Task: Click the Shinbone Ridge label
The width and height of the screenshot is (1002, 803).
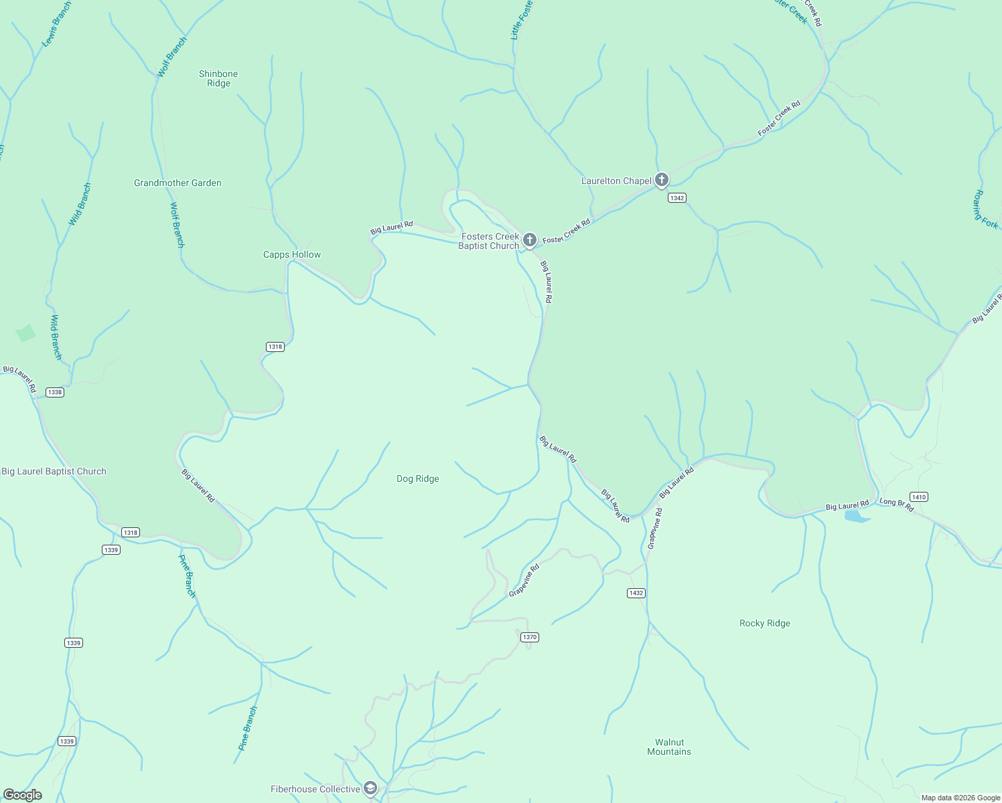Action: pyautogui.click(x=218, y=78)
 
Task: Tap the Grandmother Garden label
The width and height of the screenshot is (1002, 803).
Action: pyautogui.click(x=177, y=183)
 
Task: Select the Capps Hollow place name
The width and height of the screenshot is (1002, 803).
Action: pyautogui.click(x=292, y=254)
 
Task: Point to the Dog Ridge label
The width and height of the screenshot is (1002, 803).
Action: pyautogui.click(x=418, y=478)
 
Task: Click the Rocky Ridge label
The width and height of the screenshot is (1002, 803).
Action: pyautogui.click(x=765, y=623)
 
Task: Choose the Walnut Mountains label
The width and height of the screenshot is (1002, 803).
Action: pyautogui.click(x=669, y=747)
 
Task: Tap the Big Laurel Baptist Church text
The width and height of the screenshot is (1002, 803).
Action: pyautogui.click(x=54, y=471)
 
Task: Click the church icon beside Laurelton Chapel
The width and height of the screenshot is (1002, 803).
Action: pyautogui.click(x=662, y=179)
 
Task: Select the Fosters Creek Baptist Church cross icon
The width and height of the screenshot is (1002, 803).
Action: pyautogui.click(x=529, y=240)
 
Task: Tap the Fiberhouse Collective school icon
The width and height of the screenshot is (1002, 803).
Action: pyautogui.click(x=370, y=788)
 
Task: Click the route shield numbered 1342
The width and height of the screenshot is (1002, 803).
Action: pyautogui.click(x=677, y=198)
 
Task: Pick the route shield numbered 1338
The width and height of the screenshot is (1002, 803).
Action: pyautogui.click(x=55, y=392)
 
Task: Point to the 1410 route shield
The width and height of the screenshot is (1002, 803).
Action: pyautogui.click(x=919, y=497)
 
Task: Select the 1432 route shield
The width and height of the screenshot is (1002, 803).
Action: pyautogui.click(x=636, y=593)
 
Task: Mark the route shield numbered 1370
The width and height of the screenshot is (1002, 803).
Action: pyautogui.click(x=530, y=637)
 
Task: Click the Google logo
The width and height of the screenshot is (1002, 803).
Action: pyautogui.click(x=23, y=795)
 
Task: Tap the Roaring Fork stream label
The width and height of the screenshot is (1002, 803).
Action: pyautogui.click(x=986, y=209)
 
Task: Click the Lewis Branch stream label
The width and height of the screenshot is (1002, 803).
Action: pyautogui.click(x=56, y=24)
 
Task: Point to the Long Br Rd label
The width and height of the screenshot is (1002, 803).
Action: pyautogui.click(x=897, y=505)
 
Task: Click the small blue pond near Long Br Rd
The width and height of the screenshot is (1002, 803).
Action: pyautogui.click(x=857, y=516)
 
